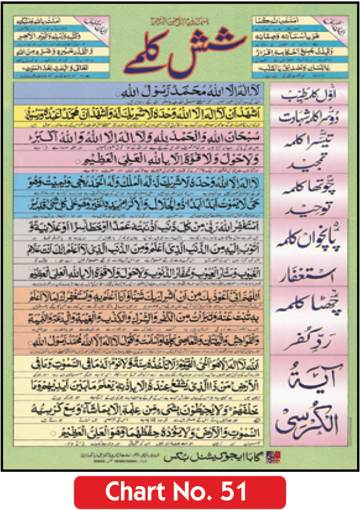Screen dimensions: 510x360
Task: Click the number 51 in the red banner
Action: tap(232, 491)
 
